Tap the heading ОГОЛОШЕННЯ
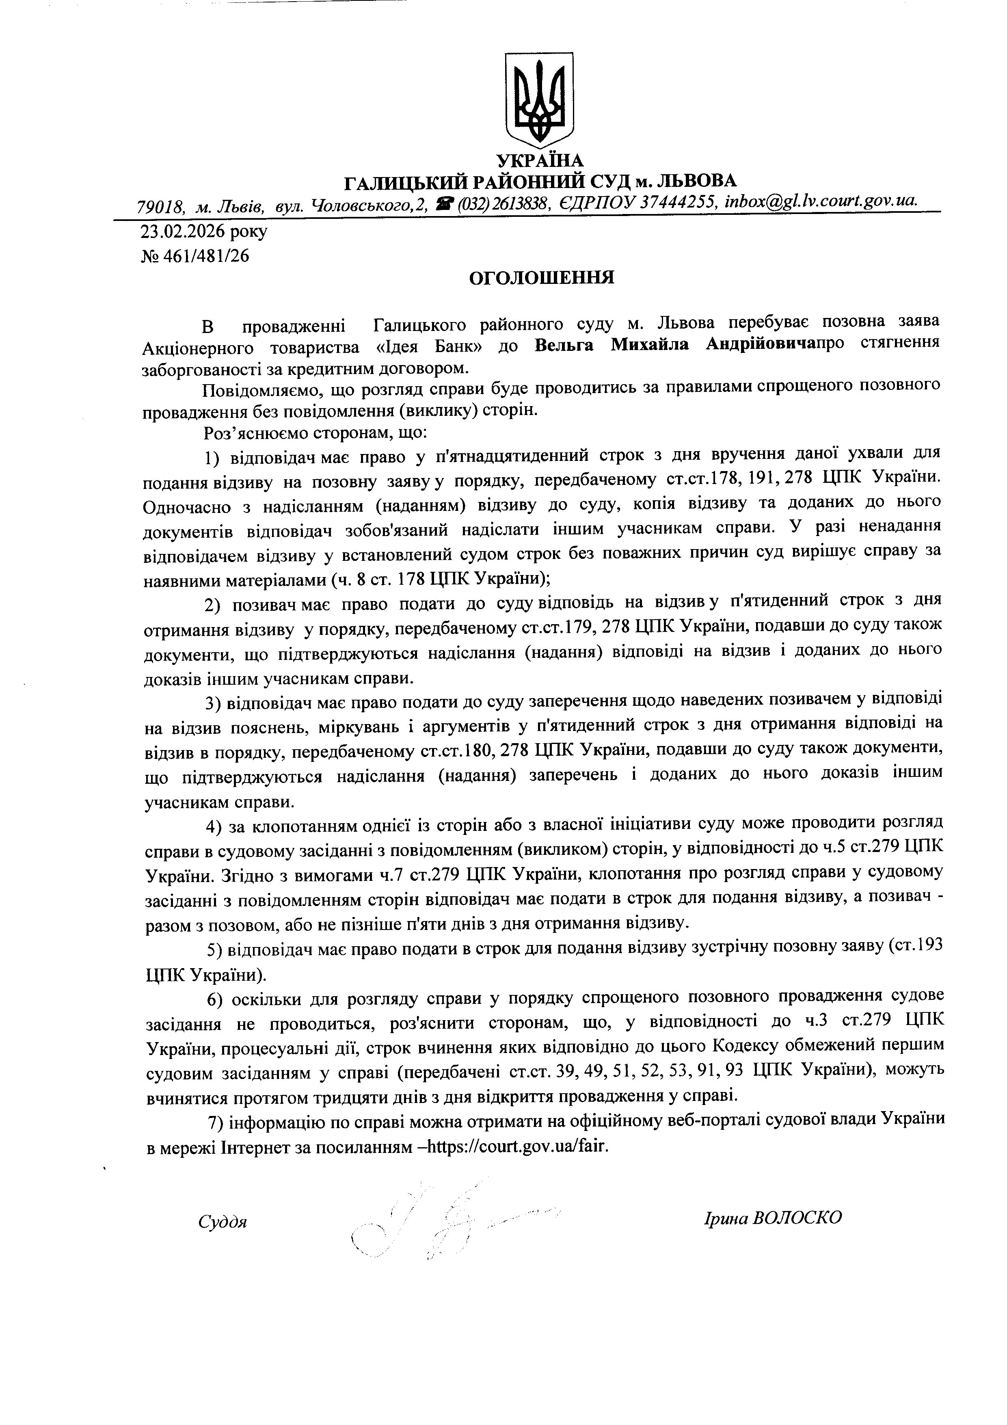point(541,277)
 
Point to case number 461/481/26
point(205,256)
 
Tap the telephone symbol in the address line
point(445,202)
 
